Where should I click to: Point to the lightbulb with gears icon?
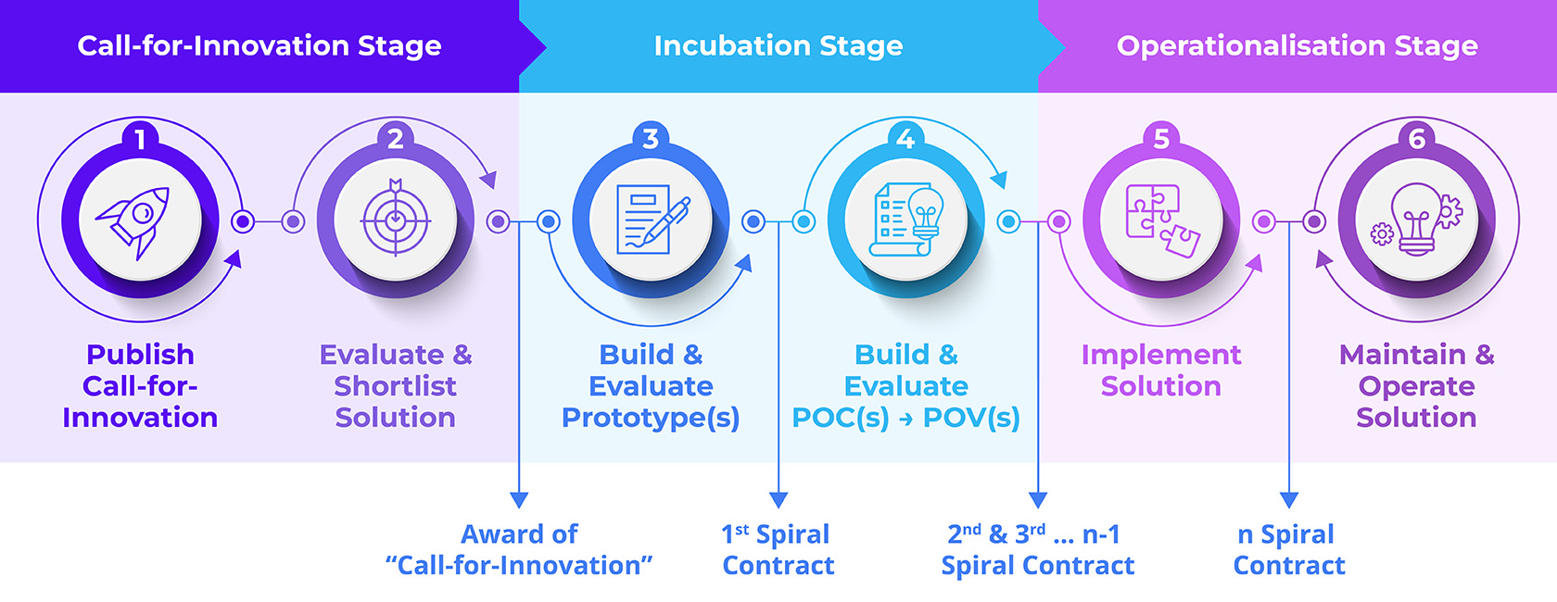tap(1416, 219)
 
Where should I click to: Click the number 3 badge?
tap(651, 138)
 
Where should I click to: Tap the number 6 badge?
tap(1416, 138)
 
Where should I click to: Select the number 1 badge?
tap(141, 138)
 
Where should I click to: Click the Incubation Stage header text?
tap(778, 45)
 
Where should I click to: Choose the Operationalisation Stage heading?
tap(1297, 45)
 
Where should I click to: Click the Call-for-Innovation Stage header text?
tap(259, 45)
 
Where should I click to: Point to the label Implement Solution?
tap(1160, 370)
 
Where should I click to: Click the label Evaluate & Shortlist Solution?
tap(396, 386)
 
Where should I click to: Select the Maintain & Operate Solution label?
tap(1416, 386)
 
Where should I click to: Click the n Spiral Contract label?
tap(1289, 550)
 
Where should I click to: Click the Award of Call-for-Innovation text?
tap(519, 550)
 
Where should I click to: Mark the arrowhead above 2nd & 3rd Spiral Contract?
tap(1038, 500)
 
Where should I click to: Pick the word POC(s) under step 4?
tap(841, 418)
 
